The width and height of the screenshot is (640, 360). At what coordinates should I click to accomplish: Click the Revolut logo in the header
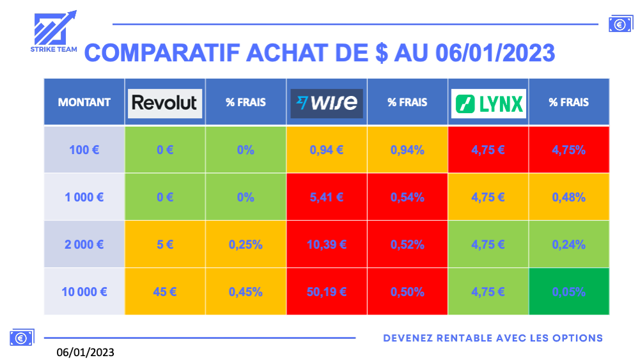[x=165, y=103]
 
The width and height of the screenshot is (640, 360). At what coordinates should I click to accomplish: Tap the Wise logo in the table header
[x=327, y=103]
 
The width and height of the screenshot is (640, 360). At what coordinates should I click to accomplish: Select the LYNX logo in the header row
[x=488, y=103]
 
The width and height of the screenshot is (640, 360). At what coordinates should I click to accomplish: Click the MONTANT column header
[x=84, y=102]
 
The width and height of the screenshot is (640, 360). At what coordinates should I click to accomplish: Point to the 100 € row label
[x=84, y=150]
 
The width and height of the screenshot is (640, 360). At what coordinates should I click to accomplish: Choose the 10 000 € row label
[x=84, y=292]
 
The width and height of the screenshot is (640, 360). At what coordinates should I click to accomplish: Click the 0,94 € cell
[x=327, y=150]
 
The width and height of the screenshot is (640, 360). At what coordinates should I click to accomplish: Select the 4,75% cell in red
[x=569, y=150]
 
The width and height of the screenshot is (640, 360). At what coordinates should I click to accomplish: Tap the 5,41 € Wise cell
[x=327, y=197]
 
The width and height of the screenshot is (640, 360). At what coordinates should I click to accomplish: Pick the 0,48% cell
[x=569, y=197]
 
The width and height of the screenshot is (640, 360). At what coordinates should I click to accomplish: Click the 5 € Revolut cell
[x=165, y=244]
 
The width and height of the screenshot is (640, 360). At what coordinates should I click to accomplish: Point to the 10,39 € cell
[x=327, y=244]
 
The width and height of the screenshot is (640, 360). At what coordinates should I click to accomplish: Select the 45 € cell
[x=165, y=292]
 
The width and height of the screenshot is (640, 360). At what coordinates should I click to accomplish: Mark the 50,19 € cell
[x=327, y=292]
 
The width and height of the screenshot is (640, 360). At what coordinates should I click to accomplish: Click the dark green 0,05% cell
[x=569, y=292]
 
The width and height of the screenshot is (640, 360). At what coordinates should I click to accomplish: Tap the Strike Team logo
[x=54, y=31]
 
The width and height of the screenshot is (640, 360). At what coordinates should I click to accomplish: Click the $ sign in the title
[x=382, y=53]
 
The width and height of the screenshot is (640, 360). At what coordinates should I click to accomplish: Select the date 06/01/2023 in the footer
[x=85, y=352]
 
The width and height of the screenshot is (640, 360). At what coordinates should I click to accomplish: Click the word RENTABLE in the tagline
[x=464, y=338]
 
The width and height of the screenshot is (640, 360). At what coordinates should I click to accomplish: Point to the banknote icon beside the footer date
[x=22, y=338]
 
